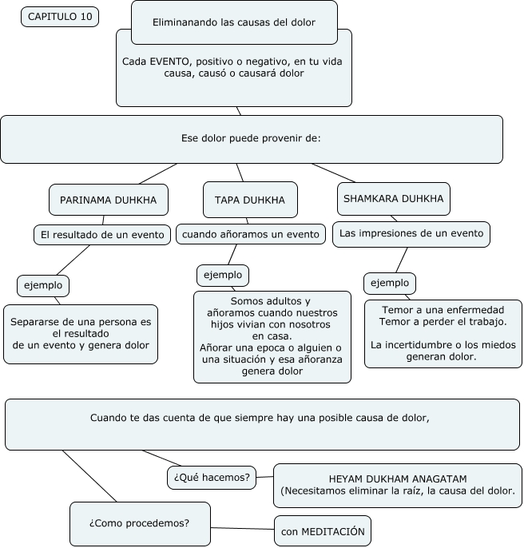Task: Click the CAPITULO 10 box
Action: click(x=60, y=17)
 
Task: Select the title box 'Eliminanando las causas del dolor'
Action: click(x=234, y=22)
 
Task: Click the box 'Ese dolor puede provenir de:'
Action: click(x=251, y=138)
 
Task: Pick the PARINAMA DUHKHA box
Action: click(x=109, y=199)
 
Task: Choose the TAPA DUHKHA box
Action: click(x=250, y=199)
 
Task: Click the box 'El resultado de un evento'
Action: click(x=103, y=234)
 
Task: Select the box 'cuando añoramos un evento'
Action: click(x=251, y=234)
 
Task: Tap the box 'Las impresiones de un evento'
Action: click(x=411, y=233)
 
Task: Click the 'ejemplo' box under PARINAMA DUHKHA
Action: click(x=43, y=284)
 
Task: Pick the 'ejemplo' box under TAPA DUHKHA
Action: click(x=223, y=275)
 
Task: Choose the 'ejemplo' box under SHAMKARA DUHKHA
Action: click(x=390, y=283)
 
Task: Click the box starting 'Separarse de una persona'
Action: click(x=81, y=334)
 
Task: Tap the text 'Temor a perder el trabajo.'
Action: click(x=443, y=321)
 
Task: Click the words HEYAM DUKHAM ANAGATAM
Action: click(x=397, y=478)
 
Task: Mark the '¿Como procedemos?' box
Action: click(x=140, y=523)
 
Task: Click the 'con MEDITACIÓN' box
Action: click(x=323, y=530)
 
